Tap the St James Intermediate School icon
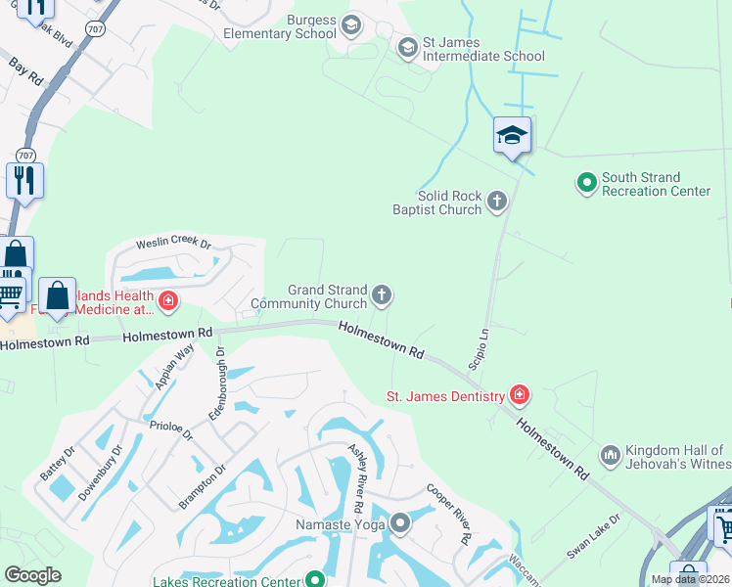click(408, 47)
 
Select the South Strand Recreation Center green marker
click(587, 182)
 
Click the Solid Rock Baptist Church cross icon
click(497, 202)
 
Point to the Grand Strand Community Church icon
click(383, 294)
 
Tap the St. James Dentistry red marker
click(519, 395)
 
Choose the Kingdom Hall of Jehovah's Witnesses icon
click(611, 455)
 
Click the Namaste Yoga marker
click(399, 524)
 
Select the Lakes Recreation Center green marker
click(315, 580)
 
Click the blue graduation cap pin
click(512, 136)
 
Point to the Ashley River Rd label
click(358, 474)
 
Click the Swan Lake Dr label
click(595, 537)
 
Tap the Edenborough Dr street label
click(217, 384)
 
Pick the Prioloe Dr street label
click(172, 431)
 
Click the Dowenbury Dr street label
click(101, 472)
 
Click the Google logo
click(33, 575)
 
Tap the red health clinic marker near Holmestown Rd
click(168, 299)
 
